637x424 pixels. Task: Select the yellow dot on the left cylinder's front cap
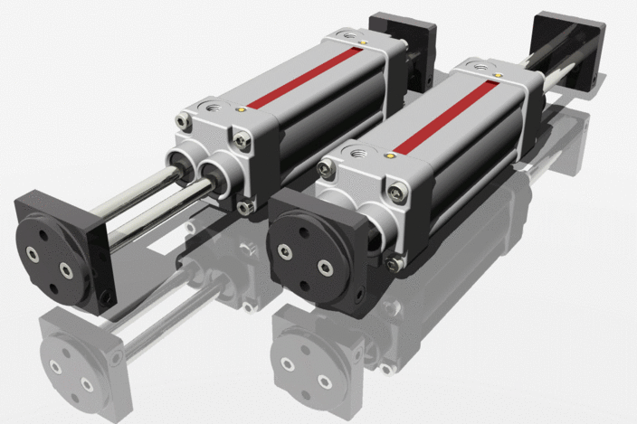pos(242,108)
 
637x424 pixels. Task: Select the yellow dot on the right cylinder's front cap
pos(389,155)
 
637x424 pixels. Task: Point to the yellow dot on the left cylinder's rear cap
pos(363,41)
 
